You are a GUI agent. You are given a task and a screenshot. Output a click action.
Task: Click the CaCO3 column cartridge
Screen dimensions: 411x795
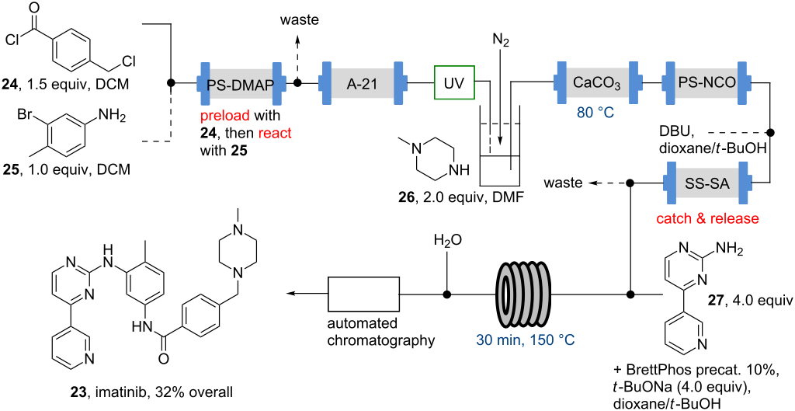tap(595, 82)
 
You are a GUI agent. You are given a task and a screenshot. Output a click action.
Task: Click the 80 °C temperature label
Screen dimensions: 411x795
tap(595, 112)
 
